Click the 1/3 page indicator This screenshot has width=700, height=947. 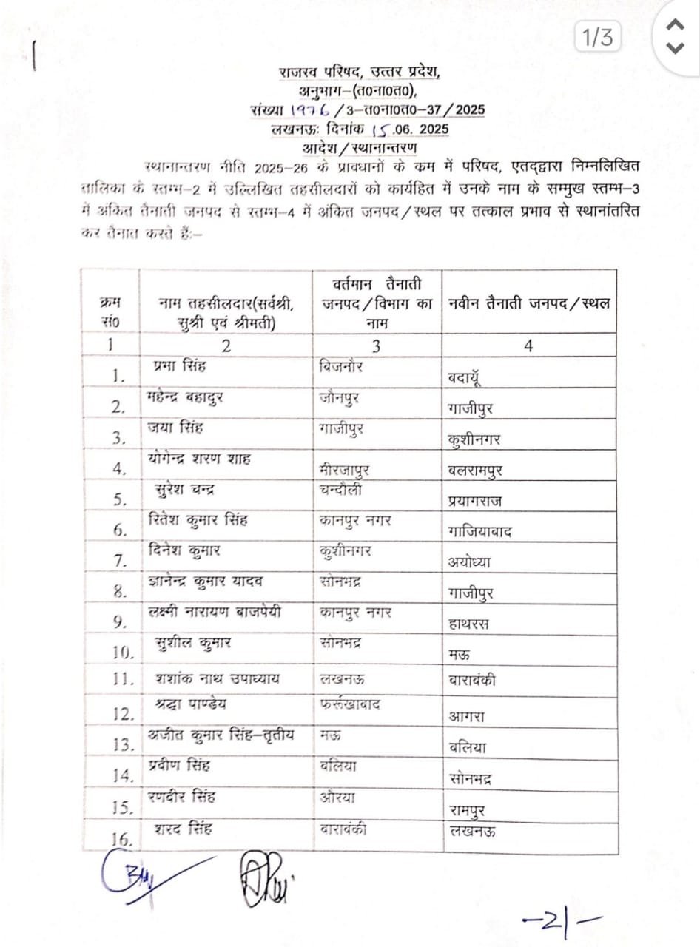(598, 38)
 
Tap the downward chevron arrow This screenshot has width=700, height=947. (675, 49)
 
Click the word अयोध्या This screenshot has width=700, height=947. (470, 562)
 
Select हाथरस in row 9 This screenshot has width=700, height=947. (469, 624)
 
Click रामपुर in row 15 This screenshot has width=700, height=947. (468, 809)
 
